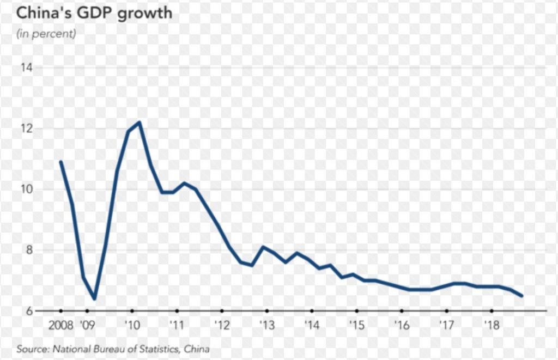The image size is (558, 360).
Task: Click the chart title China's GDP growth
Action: click(x=94, y=13)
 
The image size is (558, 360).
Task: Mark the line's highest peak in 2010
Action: click(x=139, y=122)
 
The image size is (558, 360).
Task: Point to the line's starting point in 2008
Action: click(x=60, y=162)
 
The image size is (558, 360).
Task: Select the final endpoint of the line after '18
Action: click(x=523, y=296)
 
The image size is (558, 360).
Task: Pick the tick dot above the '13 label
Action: click(x=266, y=311)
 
